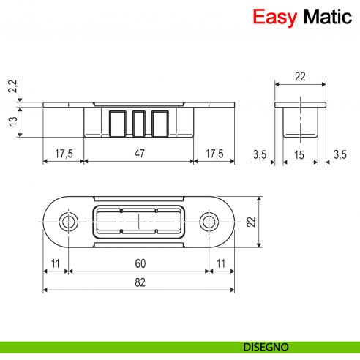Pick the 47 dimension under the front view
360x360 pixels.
[x=139, y=154]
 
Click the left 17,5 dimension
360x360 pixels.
[x=64, y=154]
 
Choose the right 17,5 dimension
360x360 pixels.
[x=214, y=154]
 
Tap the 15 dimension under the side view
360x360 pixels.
[x=300, y=154]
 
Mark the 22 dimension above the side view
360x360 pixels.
[x=300, y=76]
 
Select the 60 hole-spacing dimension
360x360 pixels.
[x=139, y=264]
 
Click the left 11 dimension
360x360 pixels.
[x=56, y=264]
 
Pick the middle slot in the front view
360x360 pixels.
[x=139, y=121]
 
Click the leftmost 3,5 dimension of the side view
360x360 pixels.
[x=260, y=154]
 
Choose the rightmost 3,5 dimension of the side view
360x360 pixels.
[x=340, y=154]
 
